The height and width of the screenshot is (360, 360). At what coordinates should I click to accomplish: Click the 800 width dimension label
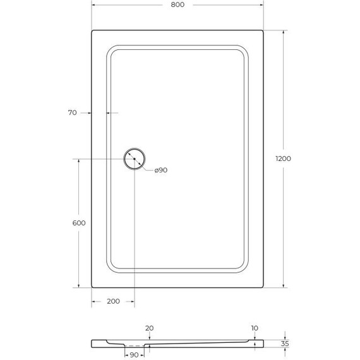[x=177, y=5]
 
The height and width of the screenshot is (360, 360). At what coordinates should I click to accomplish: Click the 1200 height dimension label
[x=284, y=159]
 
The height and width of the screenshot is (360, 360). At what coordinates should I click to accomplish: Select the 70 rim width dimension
[x=72, y=113]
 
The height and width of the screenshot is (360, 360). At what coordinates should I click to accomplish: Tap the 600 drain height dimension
[x=79, y=223]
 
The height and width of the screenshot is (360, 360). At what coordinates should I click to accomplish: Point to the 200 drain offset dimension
[x=113, y=301]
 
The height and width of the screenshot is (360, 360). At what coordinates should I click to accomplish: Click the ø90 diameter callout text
[x=160, y=170]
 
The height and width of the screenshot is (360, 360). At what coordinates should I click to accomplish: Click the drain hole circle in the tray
[x=135, y=159]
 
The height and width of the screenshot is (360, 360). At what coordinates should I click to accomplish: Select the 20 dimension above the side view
[x=149, y=328]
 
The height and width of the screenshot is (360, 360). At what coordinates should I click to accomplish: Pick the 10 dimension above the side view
[x=254, y=328]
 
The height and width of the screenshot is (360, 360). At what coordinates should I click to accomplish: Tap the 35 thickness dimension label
[x=286, y=344]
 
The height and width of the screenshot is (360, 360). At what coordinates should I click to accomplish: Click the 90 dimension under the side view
[x=134, y=354]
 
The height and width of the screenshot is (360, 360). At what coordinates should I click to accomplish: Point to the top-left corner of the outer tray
[x=93, y=31]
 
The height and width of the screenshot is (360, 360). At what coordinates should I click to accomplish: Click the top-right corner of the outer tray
[x=262, y=31]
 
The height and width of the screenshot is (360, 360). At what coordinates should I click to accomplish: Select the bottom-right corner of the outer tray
[x=262, y=287]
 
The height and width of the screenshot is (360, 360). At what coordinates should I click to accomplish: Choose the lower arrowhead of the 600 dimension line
[x=78, y=284]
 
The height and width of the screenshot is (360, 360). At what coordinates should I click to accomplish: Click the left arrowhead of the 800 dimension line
[x=94, y=4]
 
